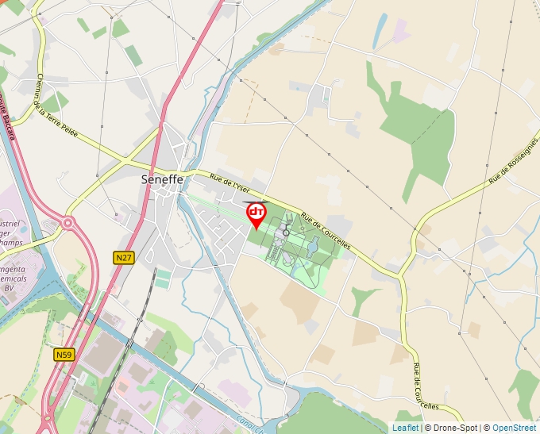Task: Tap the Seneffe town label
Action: [x=162, y=179]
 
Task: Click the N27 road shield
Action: [x=123, y=258]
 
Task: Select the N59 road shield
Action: [x=65, y=355]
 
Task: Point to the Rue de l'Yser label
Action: [x=229, y=185]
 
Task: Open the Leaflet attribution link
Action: [x=405, y=428]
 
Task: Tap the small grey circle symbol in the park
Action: [x=286, y=232]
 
